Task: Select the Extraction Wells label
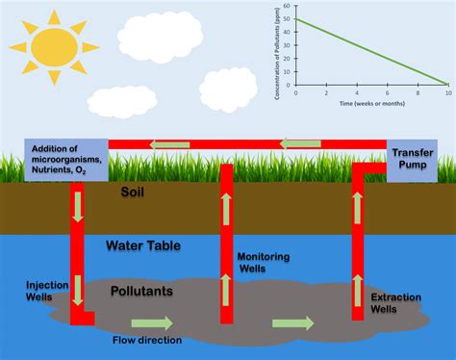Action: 396,303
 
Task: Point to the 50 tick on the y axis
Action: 290,19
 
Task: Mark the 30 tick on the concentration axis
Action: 290,45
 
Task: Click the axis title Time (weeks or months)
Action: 371,100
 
